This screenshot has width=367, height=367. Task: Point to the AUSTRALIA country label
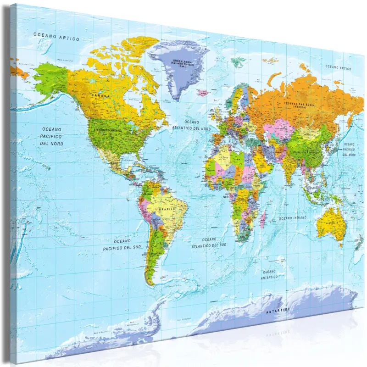[330, 223]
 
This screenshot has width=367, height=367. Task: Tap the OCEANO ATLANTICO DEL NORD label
[192, 125]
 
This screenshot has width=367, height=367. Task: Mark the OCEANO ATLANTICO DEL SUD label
[209, 242]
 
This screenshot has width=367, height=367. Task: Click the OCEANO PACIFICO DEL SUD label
[122, 245]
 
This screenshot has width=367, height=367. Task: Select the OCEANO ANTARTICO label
[269, 274]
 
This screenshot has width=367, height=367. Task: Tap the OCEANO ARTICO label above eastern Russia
[338, 67]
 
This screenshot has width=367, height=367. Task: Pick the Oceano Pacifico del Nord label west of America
[51, 136]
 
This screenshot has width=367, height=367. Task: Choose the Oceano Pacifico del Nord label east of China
[349, 149]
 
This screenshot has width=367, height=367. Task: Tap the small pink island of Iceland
[203, 92]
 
